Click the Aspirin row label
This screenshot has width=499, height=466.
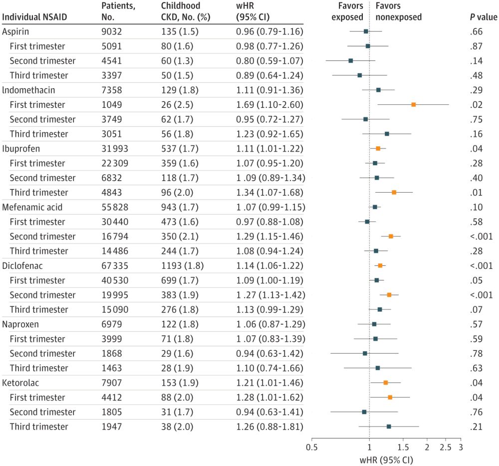(16, 31)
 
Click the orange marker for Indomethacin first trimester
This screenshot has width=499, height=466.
(414, 105)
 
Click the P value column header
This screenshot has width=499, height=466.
(480, 17)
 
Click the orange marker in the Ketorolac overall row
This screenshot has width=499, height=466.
(386, 383)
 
